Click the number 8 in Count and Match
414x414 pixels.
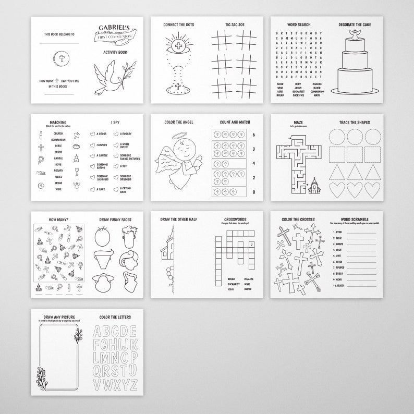[x=254, y=192]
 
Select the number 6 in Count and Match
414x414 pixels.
[x=254, y=135]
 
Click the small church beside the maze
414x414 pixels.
[x=315, y=185]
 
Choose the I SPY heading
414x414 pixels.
[x=115, y=123]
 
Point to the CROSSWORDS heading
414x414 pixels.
[x=235, y=220]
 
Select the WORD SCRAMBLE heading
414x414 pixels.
[x=356, y=220]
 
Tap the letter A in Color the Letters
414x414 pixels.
[x=99, y=332]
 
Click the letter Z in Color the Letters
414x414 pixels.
[x=133, y=385]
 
